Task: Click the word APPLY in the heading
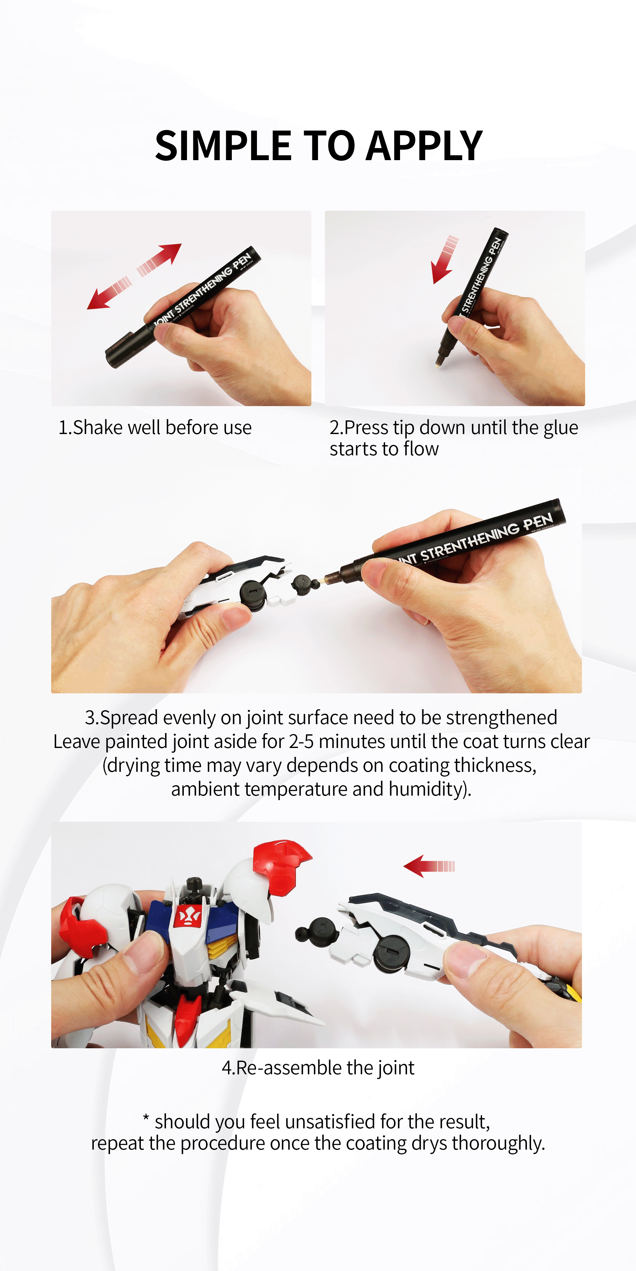click(x=424, y=146)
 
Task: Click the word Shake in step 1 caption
click(x=97, y=428)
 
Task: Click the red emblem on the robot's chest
click(x=189, y=917)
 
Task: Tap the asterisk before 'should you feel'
click(x=146, y=1118)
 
